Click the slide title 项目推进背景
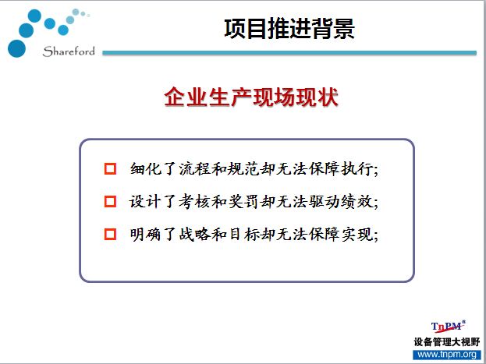pos(289,29)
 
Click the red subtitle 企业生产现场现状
pos(251,97)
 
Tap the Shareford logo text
pos(69,51)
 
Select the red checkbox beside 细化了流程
pos(110,169)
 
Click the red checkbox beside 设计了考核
pos(110,201)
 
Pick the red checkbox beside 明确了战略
pos(110,234)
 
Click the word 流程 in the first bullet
pos(195,169)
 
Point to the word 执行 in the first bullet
pos(357,169)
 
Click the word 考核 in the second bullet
pos(195,202)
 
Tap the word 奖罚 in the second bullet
pos(243,202)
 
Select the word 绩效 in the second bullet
pos(357,202)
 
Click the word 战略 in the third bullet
pos(195,234)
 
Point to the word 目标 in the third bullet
pos(243,234)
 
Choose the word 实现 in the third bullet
pos(357,234)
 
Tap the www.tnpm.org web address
pos(447,355)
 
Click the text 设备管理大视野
pos(447,342)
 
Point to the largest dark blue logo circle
pos(16,48)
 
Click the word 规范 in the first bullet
pos(243,169)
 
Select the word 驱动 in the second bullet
pos(325,202)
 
